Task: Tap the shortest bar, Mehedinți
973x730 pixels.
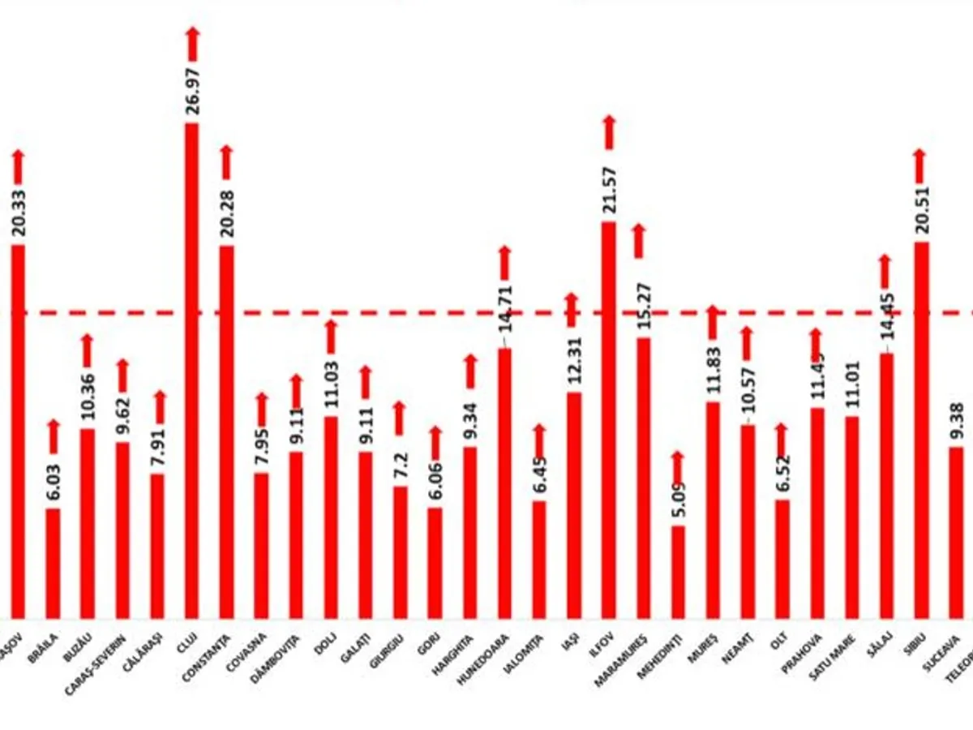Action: pyautogui.click(x=678, y=572)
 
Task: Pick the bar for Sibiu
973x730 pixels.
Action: pyautogui.click(x=921, y=430)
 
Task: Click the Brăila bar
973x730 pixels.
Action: pyautogui.click(x=53, y=564)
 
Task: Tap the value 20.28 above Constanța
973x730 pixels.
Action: pyautogui.click(x=227, y=213)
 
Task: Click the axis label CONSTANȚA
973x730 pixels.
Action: pyautogui.click(x=208, y=660)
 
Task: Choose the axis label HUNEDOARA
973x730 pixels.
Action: pyautogui.click(x=484, y=662)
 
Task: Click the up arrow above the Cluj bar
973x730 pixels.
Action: pyautogui.click(x=192, y=44)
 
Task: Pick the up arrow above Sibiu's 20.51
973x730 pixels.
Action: pyautogui.click(x=919, y=166)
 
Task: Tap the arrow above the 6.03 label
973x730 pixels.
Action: pyautogui.click(x=54, y=436)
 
